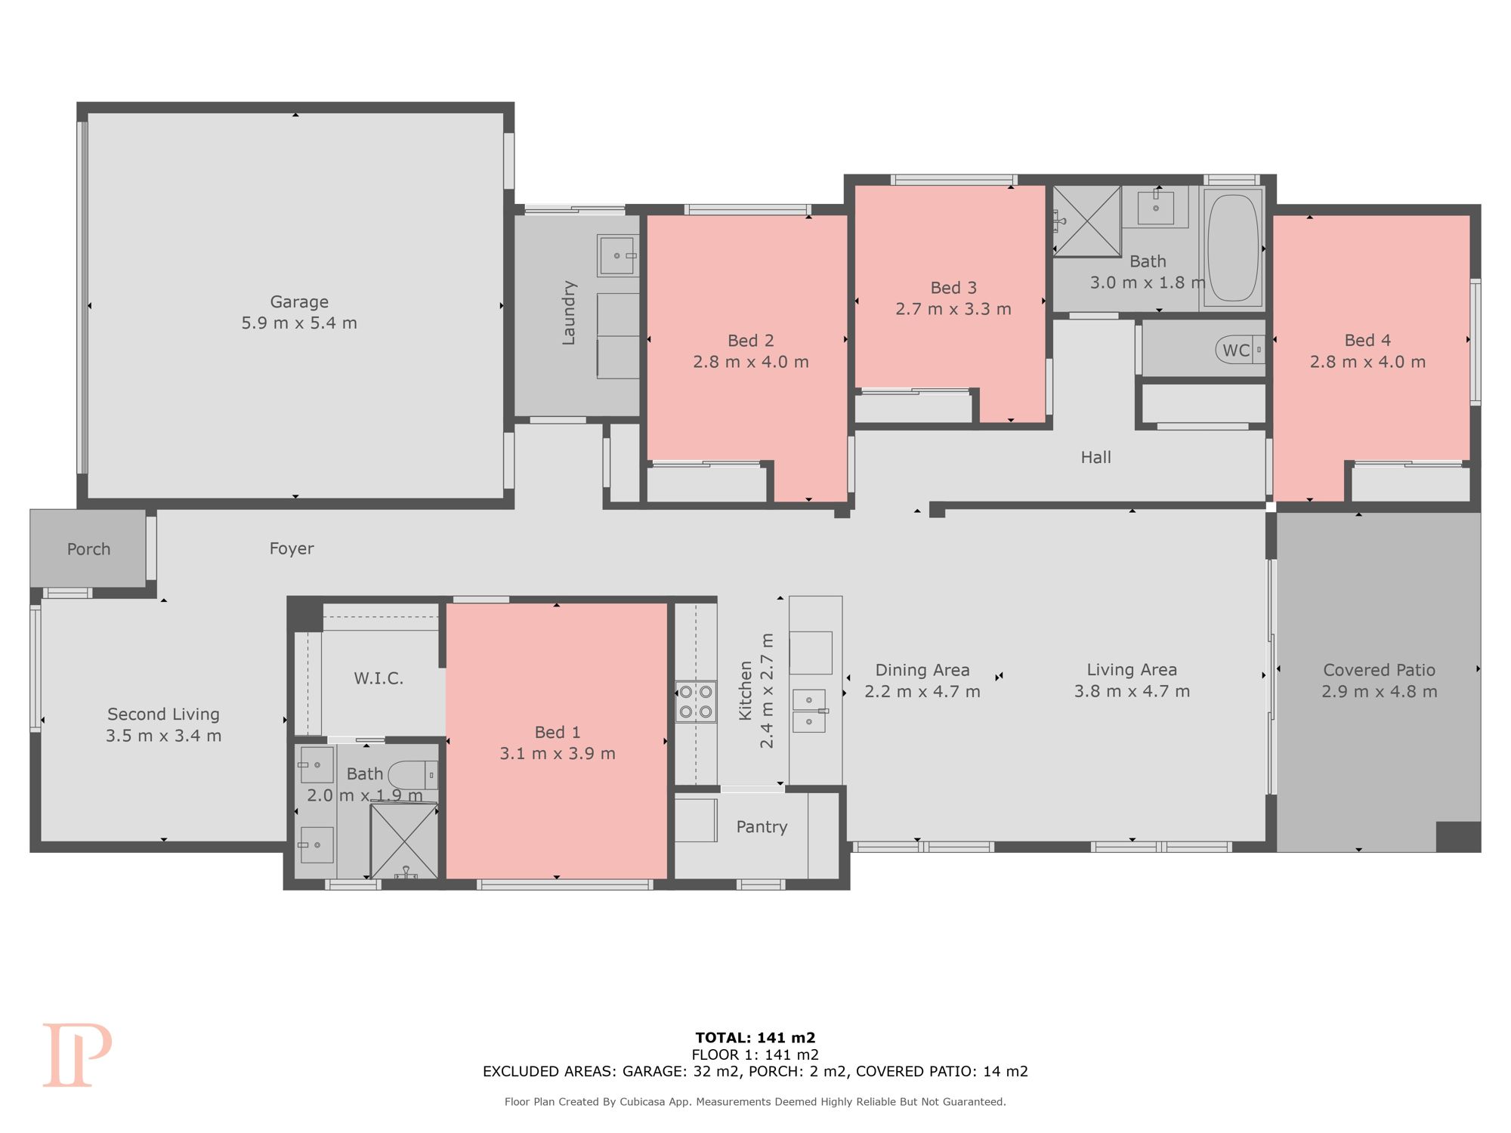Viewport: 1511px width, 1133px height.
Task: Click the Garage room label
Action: pos(299,302)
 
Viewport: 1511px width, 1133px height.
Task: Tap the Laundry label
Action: pos(569,313)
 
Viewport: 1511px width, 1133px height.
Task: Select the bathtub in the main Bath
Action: pos(1233,248)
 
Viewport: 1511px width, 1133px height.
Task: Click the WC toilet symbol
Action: pos(1240,350)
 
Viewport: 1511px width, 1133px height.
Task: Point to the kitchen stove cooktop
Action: pos(696,702)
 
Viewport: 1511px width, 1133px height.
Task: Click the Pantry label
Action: pos(762,827)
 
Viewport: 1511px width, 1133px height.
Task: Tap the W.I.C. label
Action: pos(379,678)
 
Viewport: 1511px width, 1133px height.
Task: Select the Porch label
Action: pos(88,549)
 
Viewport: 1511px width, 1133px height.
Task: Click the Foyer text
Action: pos(292,548)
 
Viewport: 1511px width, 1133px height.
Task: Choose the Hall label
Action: pos(1095,457)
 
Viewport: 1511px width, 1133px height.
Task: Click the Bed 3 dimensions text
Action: pos(953,309)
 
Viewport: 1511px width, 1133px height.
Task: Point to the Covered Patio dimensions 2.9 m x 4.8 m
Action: pos(1380,691)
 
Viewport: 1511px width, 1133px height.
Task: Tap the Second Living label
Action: pos(163,714)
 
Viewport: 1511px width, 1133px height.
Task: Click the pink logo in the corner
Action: pos(77,1055)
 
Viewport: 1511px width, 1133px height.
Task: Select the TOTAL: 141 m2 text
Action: pos(755,1038)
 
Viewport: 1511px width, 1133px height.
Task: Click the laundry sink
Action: pos(618,255)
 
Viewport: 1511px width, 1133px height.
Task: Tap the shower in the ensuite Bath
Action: pos(403,841)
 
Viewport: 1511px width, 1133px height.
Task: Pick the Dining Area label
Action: pos(922,670)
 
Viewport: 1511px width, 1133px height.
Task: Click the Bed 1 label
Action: pos(558,732)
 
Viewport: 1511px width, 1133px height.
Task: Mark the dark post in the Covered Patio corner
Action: pos(1458,836)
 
